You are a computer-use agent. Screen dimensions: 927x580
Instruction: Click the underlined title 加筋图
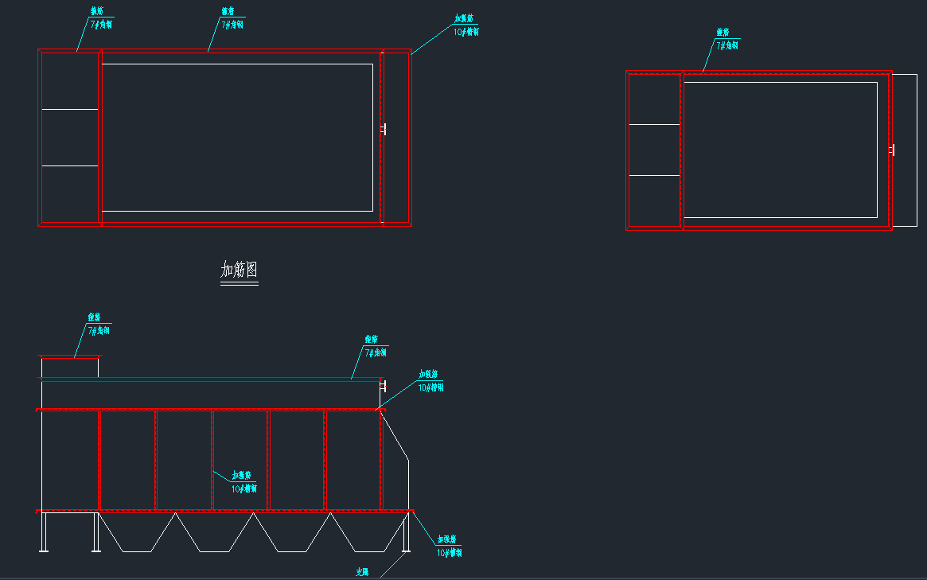[239, 271]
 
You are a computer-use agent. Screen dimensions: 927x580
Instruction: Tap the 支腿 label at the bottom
[362, 571]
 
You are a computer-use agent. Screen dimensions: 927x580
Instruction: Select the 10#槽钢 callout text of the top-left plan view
[466, 33]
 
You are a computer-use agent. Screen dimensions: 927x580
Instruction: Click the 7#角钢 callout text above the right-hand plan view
[727, 46]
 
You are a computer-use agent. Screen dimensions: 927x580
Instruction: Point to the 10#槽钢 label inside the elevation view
[244, 489]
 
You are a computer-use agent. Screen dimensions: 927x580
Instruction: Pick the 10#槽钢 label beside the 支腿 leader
[449, 552]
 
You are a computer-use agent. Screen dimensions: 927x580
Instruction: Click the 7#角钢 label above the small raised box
[99, 329]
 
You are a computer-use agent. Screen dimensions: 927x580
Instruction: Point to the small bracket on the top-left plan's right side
[384, 129]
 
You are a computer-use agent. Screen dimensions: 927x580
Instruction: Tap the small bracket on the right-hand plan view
[893, 150]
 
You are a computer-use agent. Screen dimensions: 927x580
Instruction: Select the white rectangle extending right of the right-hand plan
[904, 150]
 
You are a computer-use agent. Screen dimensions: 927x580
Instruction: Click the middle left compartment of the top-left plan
[70, 138]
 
